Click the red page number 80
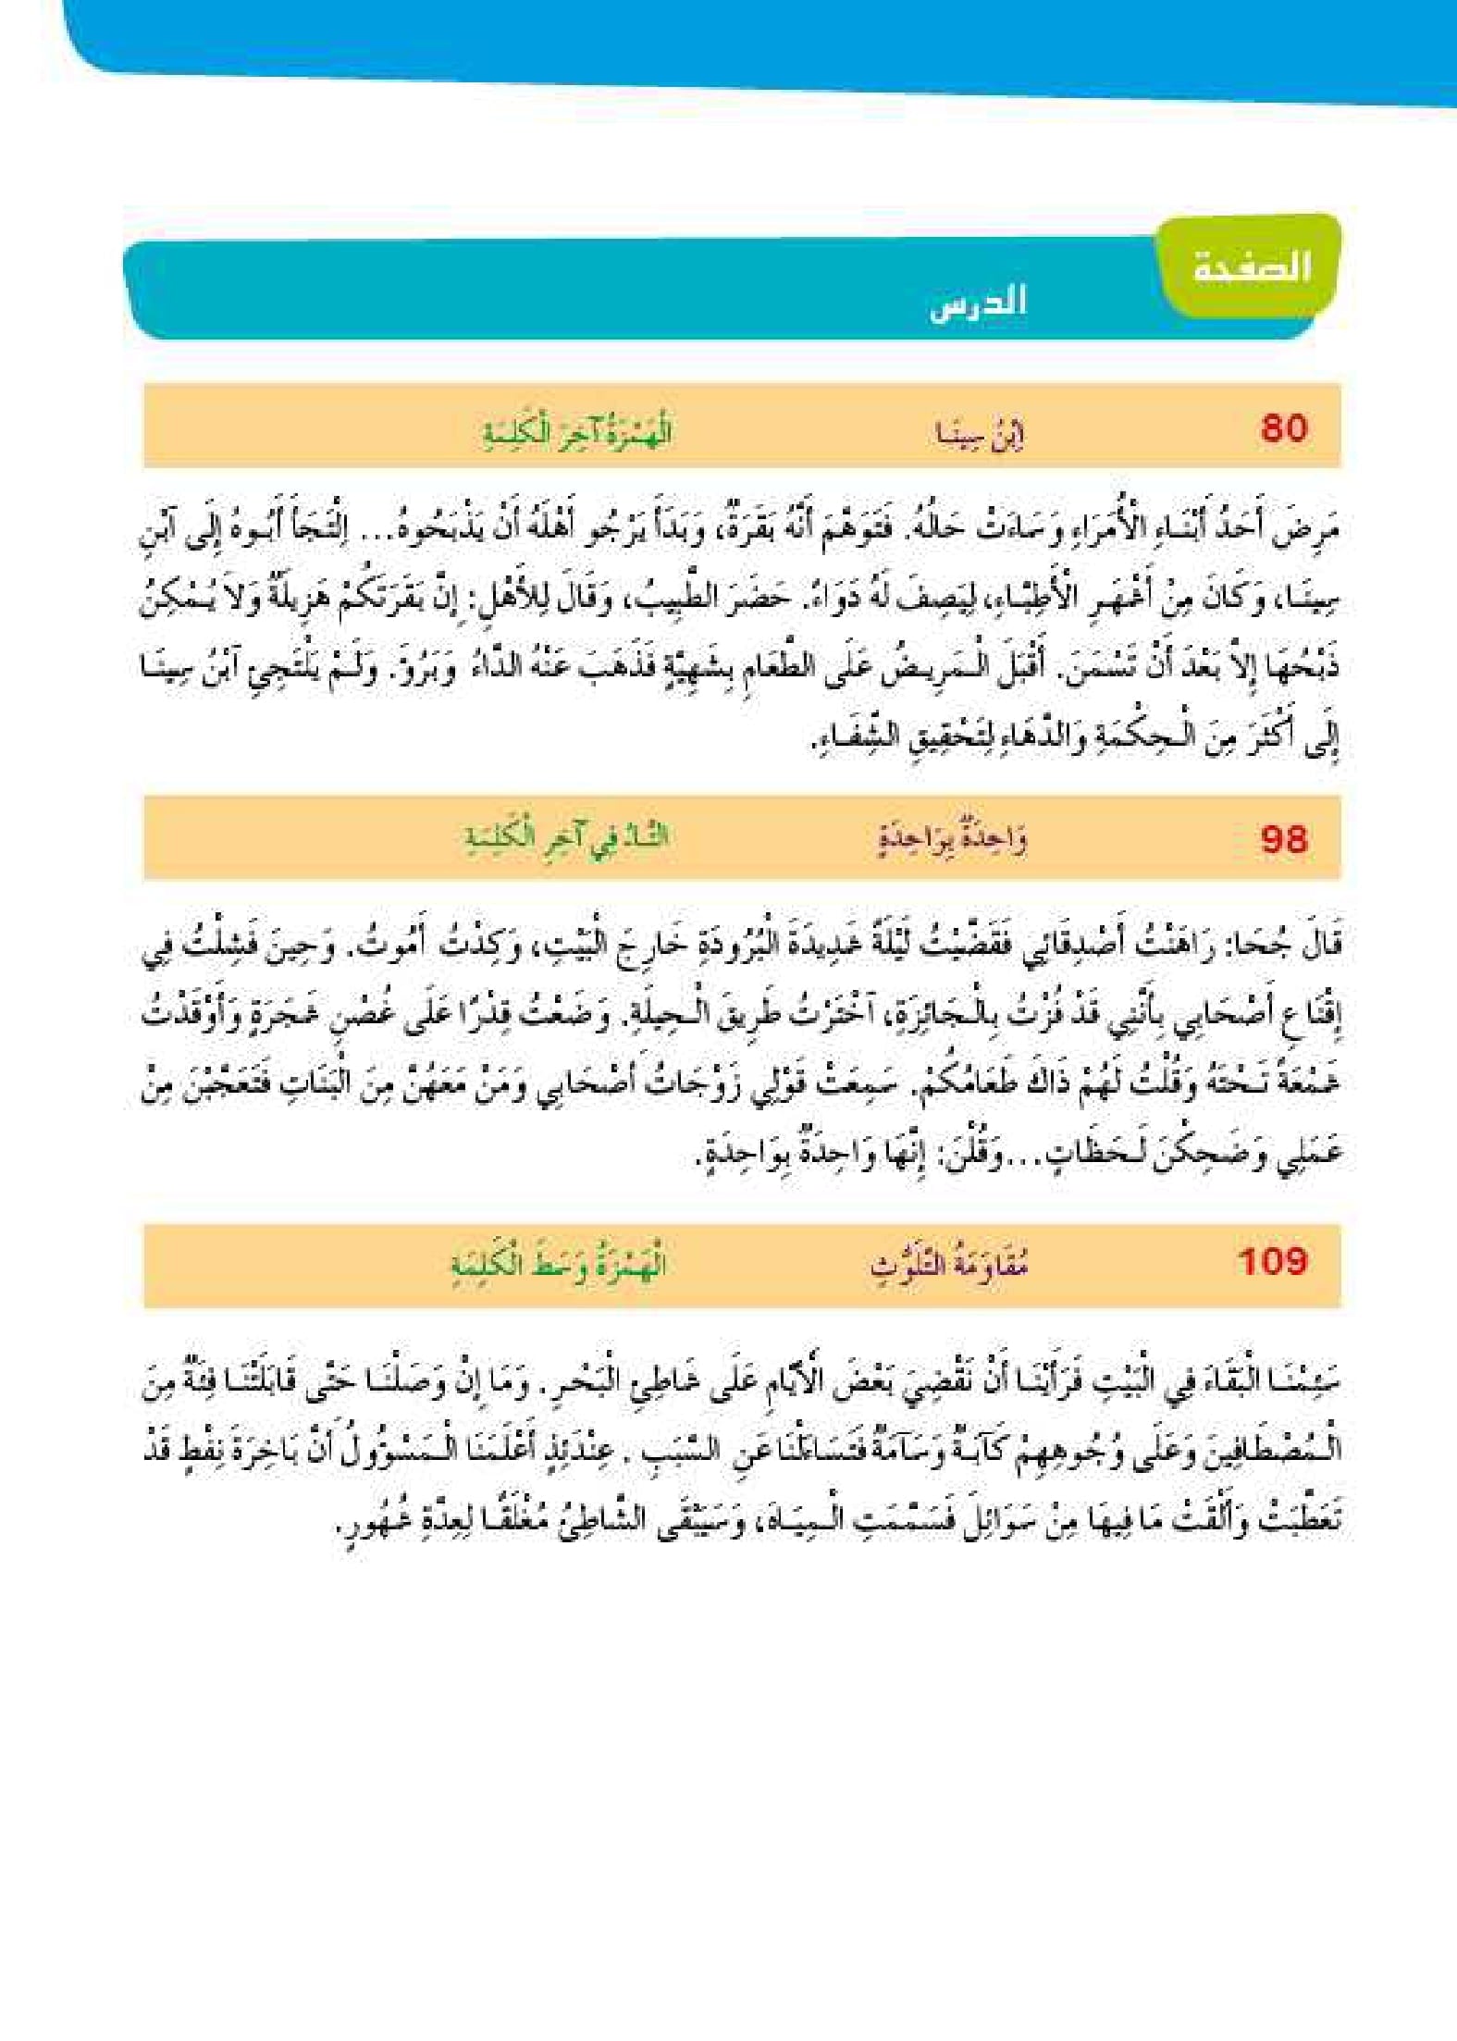pyautogui.click(x=1283, y=428)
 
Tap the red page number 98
pyautogui.click(x=1283, y=839)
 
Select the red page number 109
pyautogui.click(x=1272, y=1261)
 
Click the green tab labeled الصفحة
pyautogui.click(x=1251, y=267)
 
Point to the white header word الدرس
pyautogui.click(x=978, y=303)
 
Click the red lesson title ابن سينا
pyautogui.click(x=979, y=433)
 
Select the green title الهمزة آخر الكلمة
pyautogui.click(x=577, y=433)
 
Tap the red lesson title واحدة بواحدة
pyautogui.click(x=952, y=840)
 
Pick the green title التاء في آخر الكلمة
pyautogui.click(x=566, y=837)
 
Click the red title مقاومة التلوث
pyautogui.click(x=949, y=1263)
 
